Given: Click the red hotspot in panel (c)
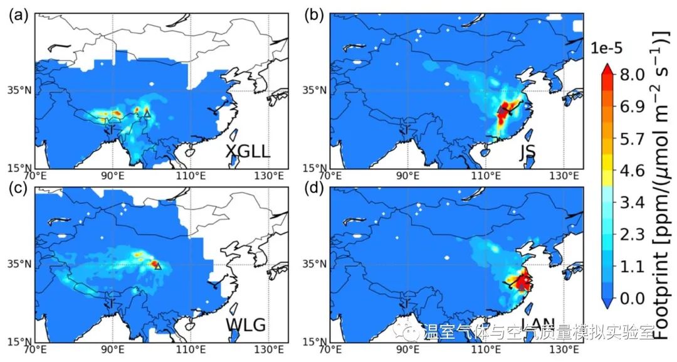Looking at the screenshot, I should (154, 264).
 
